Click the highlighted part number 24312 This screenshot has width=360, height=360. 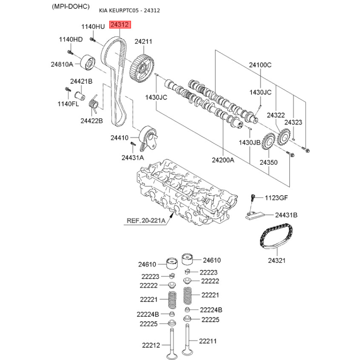click(x=120, y=24)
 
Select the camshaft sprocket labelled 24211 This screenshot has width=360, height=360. click(x=142, y=68)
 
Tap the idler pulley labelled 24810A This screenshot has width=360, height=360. click(x=88, y=63)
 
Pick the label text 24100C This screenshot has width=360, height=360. click(x=260, y=65)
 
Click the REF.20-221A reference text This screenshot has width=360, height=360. click(x=146, y=220)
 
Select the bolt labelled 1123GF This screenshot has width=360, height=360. click(x=253, y=198)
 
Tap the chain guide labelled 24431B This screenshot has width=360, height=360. click(x=255, y=216)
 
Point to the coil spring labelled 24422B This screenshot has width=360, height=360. click(x=93, y=105)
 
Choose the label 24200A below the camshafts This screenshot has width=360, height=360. click(x=223, y=160)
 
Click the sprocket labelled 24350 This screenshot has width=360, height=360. click(x=268, y=142)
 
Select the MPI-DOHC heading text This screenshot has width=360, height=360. click(x=71, y=6)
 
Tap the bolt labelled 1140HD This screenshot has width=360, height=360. click(x=70, y=52)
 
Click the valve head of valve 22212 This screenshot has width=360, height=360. click(x=172, y=356)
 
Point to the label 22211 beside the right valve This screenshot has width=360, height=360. click(x=207, y=341)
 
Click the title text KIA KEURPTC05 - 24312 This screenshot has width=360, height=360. click(x=130, y=10)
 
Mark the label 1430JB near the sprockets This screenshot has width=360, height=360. click(x=250, y=143)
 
